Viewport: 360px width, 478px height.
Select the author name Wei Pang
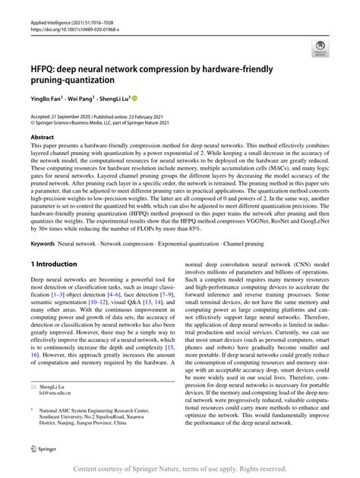[87, 98]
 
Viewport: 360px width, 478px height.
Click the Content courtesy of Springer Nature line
[180, 469]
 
